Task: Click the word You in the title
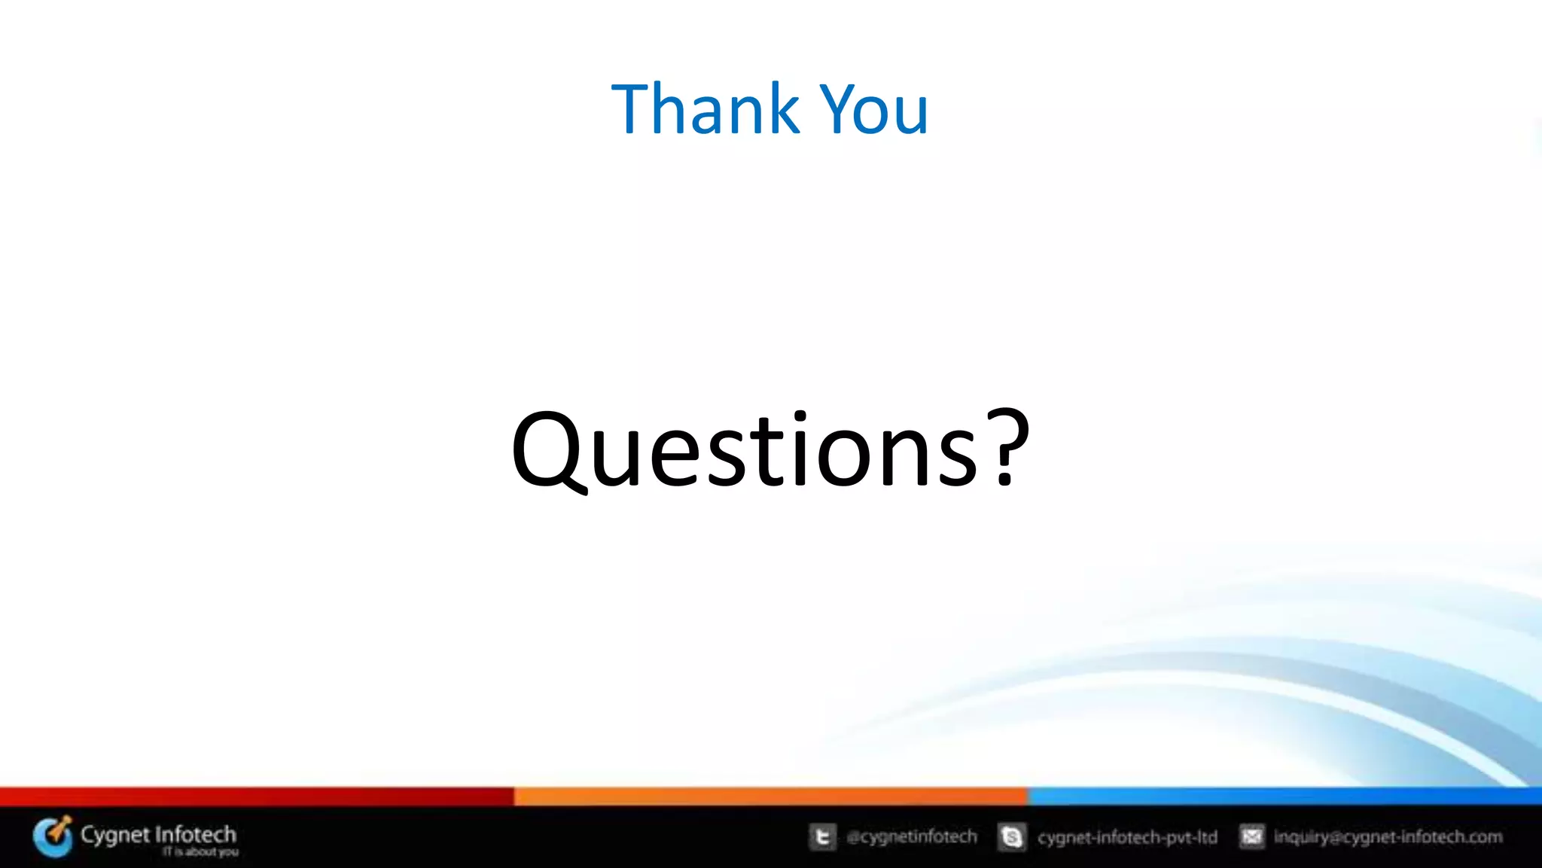[874, 110]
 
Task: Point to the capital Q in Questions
[547, 450]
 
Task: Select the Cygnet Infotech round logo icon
[53, 836]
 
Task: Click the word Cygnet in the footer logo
[115, 835]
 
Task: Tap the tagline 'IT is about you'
[200, 852]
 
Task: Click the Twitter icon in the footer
[822, 836]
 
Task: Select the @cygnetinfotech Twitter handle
[912, 836]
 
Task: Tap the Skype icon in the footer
[1012, 836]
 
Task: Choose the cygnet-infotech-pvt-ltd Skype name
[1127, 837]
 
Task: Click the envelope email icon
[1251, 836]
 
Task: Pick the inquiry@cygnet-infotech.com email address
[1388, 836]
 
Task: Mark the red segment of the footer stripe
[256, 796]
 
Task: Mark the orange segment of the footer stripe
[770, 796]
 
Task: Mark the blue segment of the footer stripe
[1284, 796]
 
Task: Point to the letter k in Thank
[784, 110]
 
